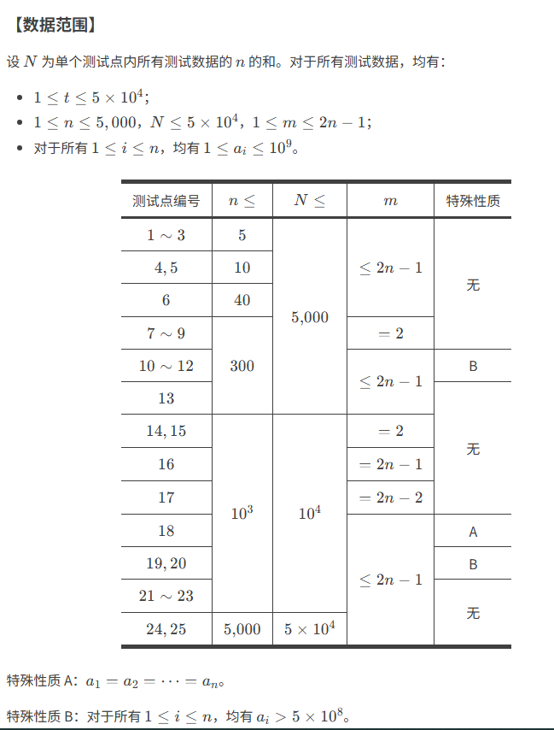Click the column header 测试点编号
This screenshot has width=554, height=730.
(166, 201)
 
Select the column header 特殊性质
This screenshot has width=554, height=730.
(473, 201)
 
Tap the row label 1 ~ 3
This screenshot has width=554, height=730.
(166, 235)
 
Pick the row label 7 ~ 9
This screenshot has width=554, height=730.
(166, 333)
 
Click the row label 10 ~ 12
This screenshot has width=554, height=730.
(166, 366)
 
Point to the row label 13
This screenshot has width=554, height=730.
(166, 398)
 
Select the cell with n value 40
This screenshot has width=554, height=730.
(242, 300)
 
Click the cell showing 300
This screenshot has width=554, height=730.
(242, 366)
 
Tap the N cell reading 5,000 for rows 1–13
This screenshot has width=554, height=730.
(310, 317)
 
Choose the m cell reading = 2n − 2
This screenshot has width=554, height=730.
(391, 497)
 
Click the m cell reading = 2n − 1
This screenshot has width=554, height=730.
(391, 464)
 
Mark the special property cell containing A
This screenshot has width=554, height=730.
(473, 531)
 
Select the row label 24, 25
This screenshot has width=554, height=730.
(166, 629)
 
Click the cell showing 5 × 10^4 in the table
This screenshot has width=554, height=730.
(310, 629)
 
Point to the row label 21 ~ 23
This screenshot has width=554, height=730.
(166, 596)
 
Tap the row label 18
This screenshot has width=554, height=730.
(166, 531)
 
